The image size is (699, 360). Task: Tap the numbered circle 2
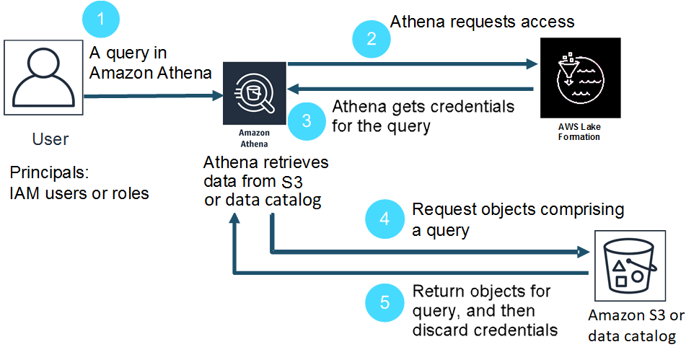[x=371, y=39]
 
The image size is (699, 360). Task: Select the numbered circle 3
[x=306, y=120]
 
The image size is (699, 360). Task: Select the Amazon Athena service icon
[x=254, y=95]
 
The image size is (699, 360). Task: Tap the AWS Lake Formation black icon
[x=579, y=79]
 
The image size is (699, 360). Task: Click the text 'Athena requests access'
[x=482, y=21]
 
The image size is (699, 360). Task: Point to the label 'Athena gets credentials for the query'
[x=423, y=116]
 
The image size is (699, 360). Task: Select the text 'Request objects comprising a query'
[x=516, y=219]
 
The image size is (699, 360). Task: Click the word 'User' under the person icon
[x=50, y=139]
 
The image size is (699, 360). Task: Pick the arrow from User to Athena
[x=152, y=95]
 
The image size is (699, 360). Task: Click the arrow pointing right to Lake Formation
[x=411, y=64]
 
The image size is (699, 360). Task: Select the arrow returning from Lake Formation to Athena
[x=411, y=89]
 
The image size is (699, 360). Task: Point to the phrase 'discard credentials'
[x=485, y=330]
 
